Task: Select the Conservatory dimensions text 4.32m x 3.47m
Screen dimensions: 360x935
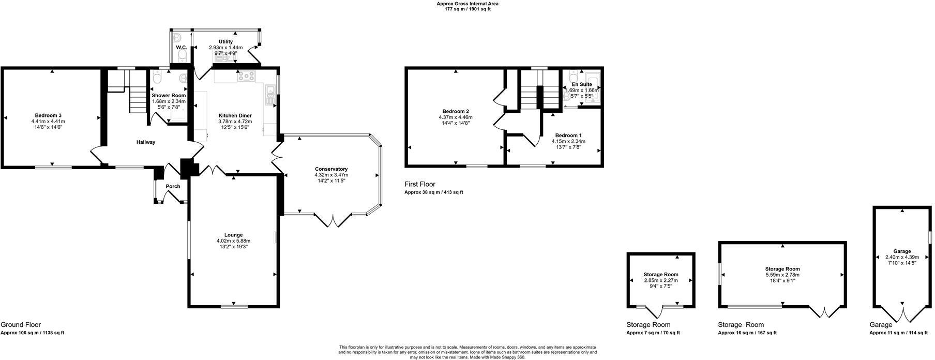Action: pyautogui.click(x=331, y=175)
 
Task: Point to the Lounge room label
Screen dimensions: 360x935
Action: pyautogui.click(x=233, y=235)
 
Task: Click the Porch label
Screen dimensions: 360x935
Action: pyautogui.click(x=173, y=187)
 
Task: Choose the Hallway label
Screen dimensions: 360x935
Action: pyautogui.click(x=146, y=142)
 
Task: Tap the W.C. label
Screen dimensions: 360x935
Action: pyautogui.click(x=181, y=48)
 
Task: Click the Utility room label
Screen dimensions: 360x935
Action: pyautogui.click(x=225, y=41)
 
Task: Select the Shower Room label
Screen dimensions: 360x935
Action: pyautogui.click(x=169, y=95)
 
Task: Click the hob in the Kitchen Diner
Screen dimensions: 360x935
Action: pyautogui.click(x=246, y=77)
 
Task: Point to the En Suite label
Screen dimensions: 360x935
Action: pyautogui.click(x=582, y=84)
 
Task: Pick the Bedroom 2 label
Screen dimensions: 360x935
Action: pyautogui.click(x=456, y=111)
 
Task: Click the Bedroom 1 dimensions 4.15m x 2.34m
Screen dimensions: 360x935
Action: pyautogui.click(x=568, y=141)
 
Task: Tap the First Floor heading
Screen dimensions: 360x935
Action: pyautogui.click(x=419, y=184)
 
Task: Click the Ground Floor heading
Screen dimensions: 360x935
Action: pyautogui.click(x=21, y=325)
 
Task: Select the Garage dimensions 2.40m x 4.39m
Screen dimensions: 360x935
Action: pyautogui.click(x=902, y=257)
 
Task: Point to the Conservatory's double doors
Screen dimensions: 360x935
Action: pyautogui.click(x=334, y=220)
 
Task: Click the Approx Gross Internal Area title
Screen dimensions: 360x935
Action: pyautogui.click(x=467, y=4)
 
